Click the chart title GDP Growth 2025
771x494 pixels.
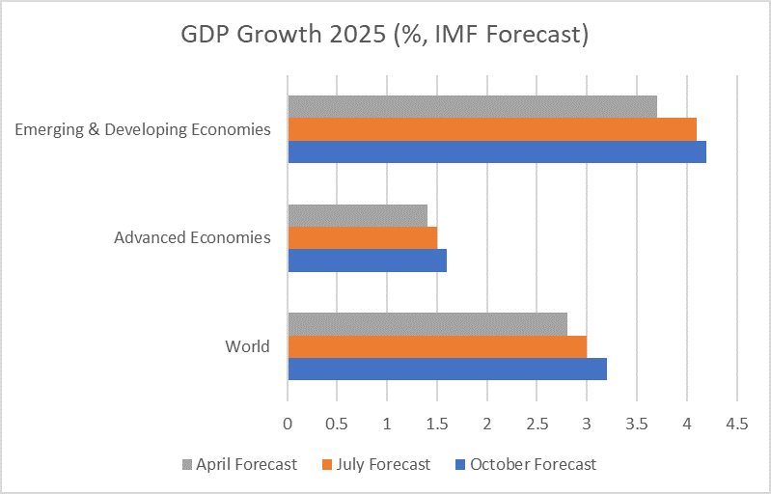pos(385,35)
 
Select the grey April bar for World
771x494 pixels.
pos(427,324)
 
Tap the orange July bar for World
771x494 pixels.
pos(437,346)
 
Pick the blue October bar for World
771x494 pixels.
pos(447,369)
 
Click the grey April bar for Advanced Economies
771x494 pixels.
pos(357,215)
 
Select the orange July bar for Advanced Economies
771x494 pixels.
pos(362,237)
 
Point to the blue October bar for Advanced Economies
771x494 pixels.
pos(367,260)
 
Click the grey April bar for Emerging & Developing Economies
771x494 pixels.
pos(472,106)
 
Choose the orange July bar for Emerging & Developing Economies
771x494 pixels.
pos(492,128)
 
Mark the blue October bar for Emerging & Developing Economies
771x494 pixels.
pos(497,151)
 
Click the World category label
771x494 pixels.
pos(247,346)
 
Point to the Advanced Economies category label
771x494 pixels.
pos(192,237)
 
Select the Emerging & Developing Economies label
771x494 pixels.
pos(143,129)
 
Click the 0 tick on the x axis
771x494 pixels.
pos(288,423)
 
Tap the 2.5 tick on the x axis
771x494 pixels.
pos(537,423)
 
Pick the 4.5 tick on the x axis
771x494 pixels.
pos(736,423)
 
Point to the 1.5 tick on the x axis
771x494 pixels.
pos(437,423)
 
